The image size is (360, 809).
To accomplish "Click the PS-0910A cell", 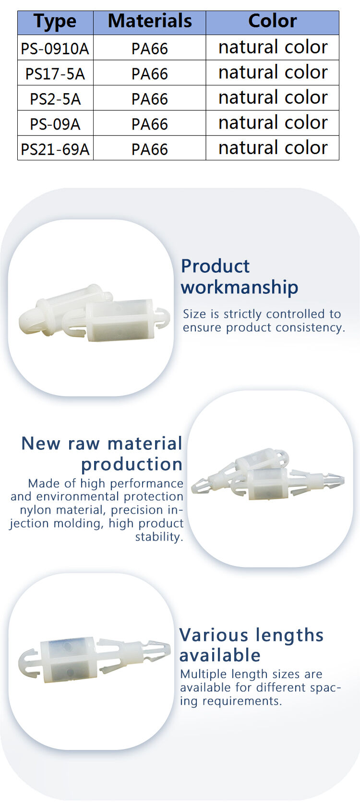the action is tap(55, 48).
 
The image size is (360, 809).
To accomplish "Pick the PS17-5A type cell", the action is tap(55, 73).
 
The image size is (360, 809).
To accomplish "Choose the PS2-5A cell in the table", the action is tap(55, 98).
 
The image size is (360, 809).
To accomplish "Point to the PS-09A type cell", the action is tap(55, 123).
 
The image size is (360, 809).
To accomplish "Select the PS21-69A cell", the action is tap(55, 148).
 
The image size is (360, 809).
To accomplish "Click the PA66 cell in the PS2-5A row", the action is tap(149, 98).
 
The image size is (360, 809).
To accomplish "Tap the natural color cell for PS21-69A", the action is tap(273, 148).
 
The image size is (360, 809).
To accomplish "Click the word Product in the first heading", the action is tap(215, 266).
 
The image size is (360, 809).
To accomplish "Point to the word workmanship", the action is tap(240, 288).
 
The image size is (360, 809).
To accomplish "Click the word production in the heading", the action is tap(132, 465).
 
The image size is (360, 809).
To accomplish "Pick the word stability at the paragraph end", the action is tap(159, 537).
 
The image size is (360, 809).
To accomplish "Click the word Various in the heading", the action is tap(214, 635).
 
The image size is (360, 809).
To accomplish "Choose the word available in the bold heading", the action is tap(220, 655).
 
